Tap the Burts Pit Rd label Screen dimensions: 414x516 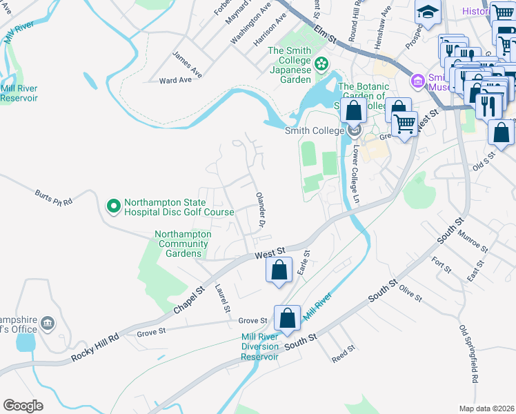(54, 197)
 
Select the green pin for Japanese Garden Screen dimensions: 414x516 (321, 64)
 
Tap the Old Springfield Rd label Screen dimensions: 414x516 (468, 354)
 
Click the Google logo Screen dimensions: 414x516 (23, 405)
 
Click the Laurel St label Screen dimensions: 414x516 (221, 299)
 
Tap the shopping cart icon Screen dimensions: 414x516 (404, 124)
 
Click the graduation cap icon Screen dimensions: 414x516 (428, 12)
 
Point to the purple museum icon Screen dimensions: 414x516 (417, 81)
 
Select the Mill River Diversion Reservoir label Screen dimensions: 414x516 (259, 346)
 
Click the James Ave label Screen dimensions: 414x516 (187, 61)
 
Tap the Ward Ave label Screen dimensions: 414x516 (175, 80)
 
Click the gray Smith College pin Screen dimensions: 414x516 (355, 130)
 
